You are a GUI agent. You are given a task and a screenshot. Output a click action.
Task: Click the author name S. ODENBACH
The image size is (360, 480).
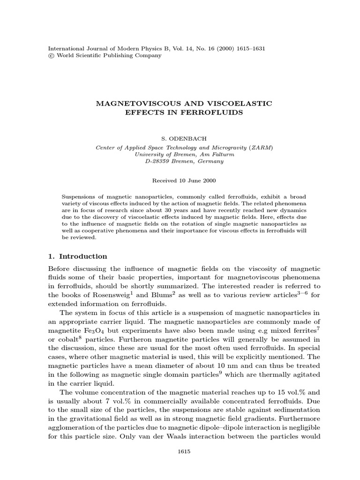click(x=180, y=139)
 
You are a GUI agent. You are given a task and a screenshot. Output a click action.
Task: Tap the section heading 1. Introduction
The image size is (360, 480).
click(x=78, y=256)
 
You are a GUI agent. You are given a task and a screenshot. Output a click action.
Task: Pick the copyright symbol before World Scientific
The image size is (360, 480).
click(x=52, y=55)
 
